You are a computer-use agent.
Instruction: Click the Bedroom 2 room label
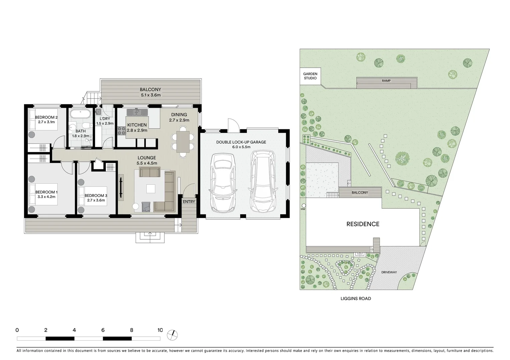[x=46, y=117]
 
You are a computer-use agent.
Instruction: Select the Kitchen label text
[x=137, y=125]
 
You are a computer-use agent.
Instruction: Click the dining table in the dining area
[x=183, y=142]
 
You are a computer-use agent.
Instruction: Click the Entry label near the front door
[x=189, y=202]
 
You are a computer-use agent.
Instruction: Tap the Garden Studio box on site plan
[x=310, y=76]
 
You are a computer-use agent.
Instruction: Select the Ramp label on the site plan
[x=386, y=81]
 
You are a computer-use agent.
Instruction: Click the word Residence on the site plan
[x=363, y=224]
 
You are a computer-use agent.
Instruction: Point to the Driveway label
[x=389, y=272]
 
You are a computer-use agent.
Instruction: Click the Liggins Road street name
[x=356, y=299]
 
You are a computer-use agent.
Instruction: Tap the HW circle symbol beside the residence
[x=303, y=205]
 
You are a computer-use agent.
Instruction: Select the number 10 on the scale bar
[x=160, y=330]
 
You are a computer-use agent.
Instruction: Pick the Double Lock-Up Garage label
[x=241, y=142]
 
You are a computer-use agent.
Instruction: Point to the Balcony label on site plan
[x=360, y=193]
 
